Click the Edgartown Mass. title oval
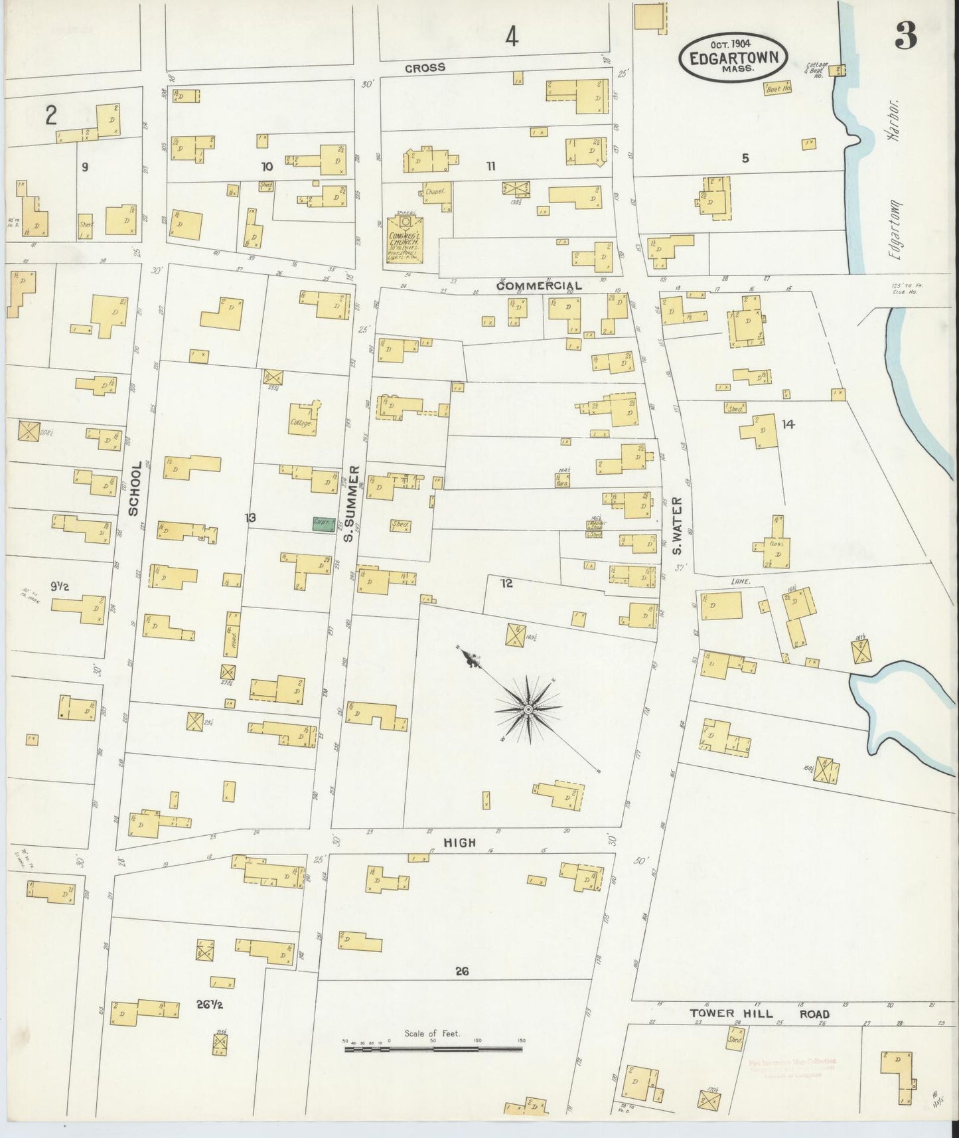(733, 57)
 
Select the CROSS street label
(425, 68)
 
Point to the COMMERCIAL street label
(539, 285)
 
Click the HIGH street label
(460, 843)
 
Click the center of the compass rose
(528, 710)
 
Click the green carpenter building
(324, 523)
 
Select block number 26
(462, 971)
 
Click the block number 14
(788, 424)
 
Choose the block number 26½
(209, 1005)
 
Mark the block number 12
(506, 584)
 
